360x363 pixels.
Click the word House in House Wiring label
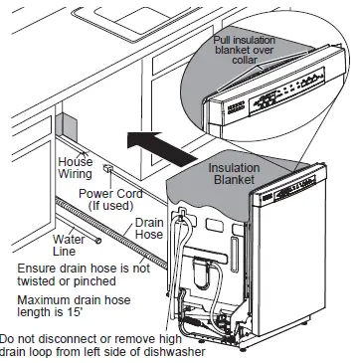click(75, 161)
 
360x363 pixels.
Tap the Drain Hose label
click(149, 230)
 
